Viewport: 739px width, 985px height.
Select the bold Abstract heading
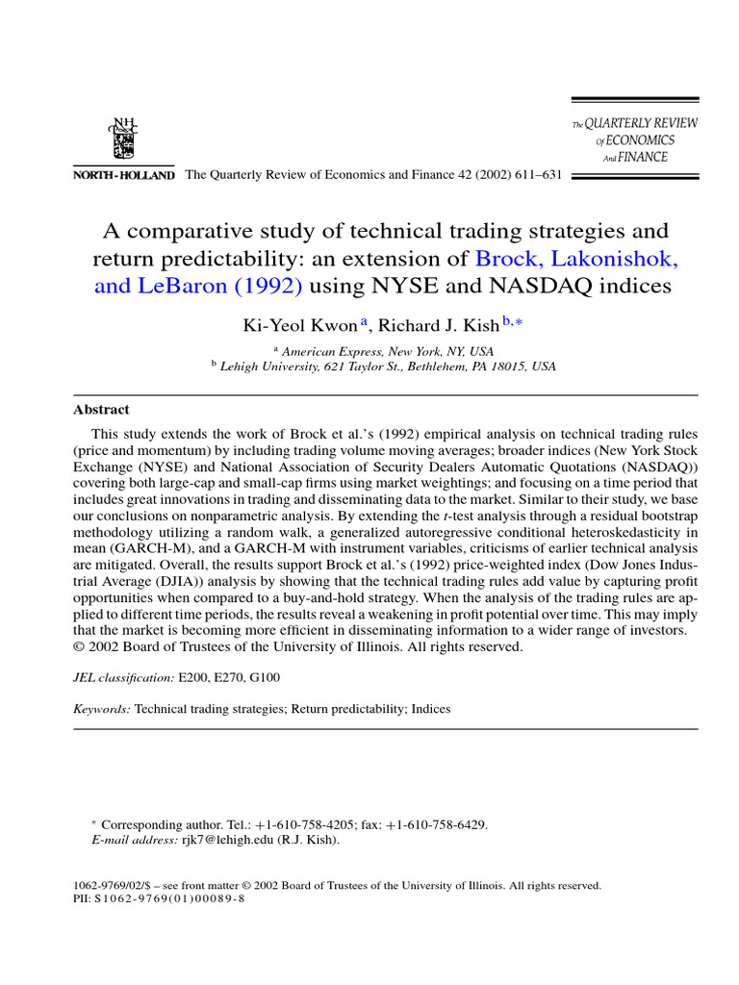[101, 409]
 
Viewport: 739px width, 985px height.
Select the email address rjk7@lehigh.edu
[227, 840]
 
